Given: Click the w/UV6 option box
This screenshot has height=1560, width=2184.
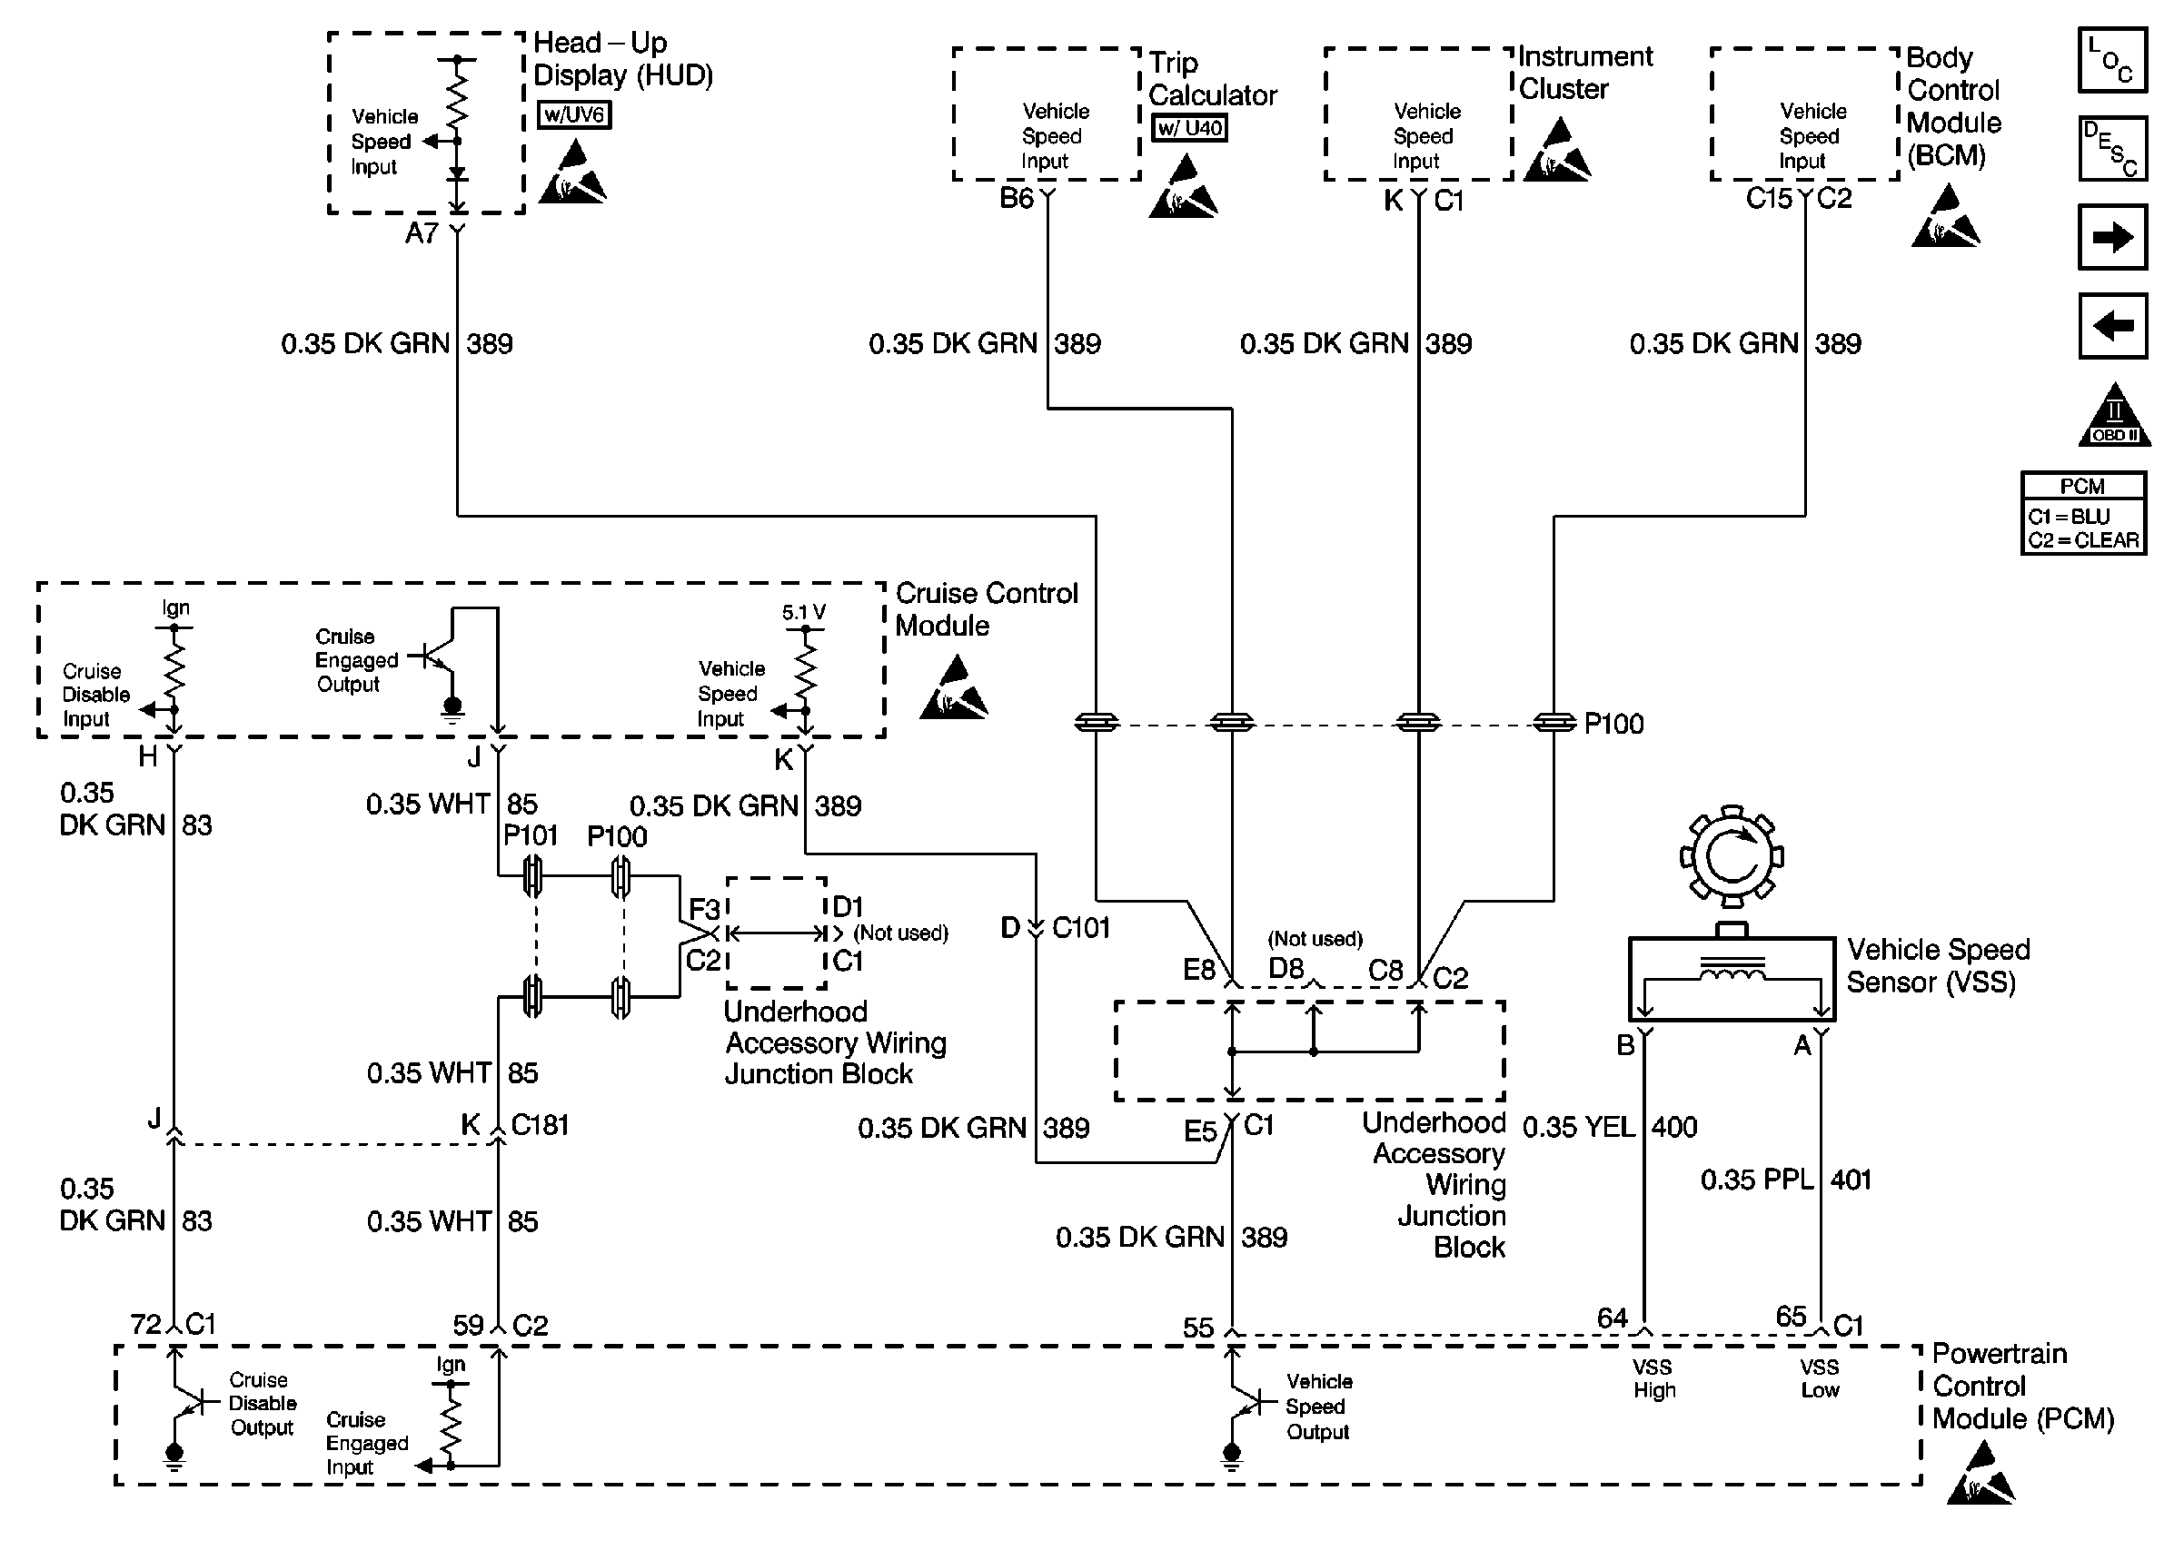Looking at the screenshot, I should pos(573,115).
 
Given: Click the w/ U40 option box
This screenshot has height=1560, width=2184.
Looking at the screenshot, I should pos(1189,128).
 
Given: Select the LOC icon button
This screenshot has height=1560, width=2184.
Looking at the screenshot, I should pos(2111,61).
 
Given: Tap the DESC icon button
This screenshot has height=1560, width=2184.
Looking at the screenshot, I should pos(2111,149).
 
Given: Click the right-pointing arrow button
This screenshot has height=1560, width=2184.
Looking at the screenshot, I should pos(2111,236).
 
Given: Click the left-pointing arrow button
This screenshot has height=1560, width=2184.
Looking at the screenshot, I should pos(2111,326).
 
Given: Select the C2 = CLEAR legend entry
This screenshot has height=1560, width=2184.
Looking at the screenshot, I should pos(2083,541).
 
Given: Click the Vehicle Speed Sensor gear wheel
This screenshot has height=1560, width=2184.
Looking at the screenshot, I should pos(1732,855).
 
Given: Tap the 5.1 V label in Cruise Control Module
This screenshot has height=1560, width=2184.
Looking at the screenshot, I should pos(803,613).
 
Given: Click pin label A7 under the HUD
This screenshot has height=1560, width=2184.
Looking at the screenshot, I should pos(422,233).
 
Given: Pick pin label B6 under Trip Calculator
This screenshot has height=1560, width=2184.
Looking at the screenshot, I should pos(1017,199).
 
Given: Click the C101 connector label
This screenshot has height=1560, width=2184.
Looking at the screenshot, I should pos(1081,928).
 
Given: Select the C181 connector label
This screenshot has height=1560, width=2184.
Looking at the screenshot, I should pos(539,1125).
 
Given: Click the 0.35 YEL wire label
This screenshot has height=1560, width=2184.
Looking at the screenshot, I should pos(1579,1127).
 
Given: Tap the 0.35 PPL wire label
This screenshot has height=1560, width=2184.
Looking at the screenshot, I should pos(1756,1180).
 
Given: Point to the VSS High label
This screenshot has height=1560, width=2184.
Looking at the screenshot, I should pos(1653,1378).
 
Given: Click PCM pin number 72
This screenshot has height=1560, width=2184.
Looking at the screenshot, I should pos(146,1325).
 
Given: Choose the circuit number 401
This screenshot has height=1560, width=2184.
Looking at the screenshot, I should pos(1851,1180).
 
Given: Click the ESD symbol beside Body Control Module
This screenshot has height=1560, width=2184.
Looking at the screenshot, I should pos(1945,218).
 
